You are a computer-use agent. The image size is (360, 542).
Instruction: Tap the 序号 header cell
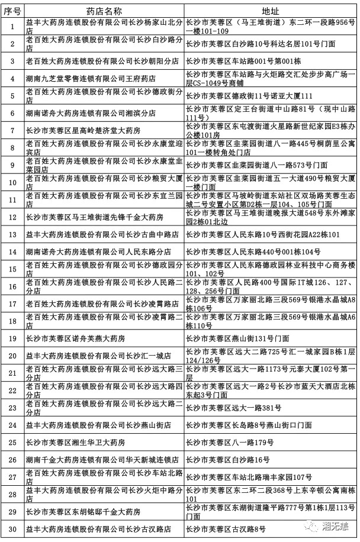(x=12, y=11)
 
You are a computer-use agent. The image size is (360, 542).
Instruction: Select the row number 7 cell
(x=12, y=130)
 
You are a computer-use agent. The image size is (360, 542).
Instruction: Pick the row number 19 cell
(x=12, y=338)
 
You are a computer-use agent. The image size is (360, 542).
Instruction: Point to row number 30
(x=12, y=528)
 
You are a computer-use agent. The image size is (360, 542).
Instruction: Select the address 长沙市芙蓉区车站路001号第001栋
(x=244, y=61)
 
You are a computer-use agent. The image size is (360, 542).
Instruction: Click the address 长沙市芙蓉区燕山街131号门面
(x=237, y=338)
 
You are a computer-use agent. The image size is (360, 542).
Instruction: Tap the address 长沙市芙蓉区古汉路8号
(x=225, y=528)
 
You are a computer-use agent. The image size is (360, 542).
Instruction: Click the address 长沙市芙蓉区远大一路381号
(x=229, y=407)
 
